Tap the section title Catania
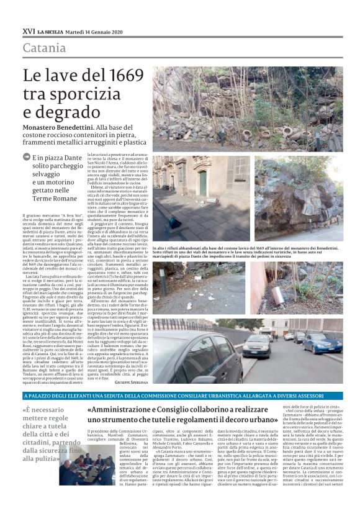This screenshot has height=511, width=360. click(x=44, y=48)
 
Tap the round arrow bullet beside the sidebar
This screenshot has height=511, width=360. click(x=26, y=158)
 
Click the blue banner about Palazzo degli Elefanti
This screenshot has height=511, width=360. click(x=180, y=395)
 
